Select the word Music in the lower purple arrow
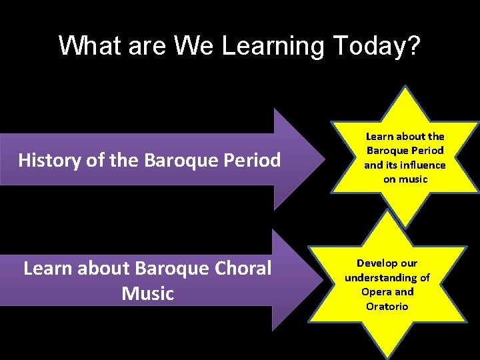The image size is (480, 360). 147,293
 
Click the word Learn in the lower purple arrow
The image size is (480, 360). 50,268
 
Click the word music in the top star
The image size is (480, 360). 413,179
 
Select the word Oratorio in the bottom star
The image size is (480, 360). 387,306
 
